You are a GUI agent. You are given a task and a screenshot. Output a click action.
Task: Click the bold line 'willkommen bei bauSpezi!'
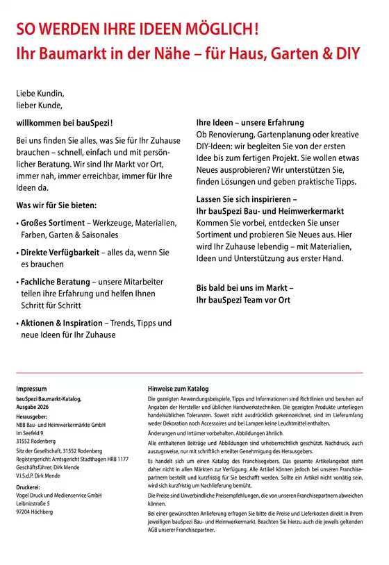pyautogui.click(x=65, y=121)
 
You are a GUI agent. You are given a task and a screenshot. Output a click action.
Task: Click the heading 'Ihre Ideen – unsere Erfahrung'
pyautogui.click(x=253, y=121)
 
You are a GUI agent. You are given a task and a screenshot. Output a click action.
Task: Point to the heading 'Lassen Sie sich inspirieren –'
pyautogui.click(x=251, y=199)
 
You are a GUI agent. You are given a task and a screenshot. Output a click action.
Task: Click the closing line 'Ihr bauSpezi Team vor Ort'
pyautogui.click(x=243, y=300)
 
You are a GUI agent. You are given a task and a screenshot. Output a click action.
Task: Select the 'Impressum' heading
pyautogui.click(x=31, y=389)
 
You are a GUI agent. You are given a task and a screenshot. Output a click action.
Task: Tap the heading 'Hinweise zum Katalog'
pyautogui.click(x=178, y=389)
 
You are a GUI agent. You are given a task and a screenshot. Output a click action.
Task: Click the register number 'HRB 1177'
pyautogui.click(x=115, y=459)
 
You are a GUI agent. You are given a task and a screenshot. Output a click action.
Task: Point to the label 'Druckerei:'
pyautogui.click(x=29, y=487)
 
